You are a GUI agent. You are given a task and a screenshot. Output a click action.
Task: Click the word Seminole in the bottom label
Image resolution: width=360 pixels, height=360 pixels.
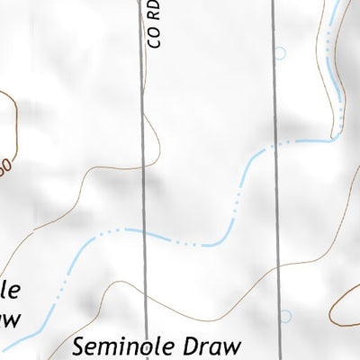[x=127, y=346]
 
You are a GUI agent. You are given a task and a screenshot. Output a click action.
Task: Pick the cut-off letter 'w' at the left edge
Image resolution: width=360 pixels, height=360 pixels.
[x=10, y=317]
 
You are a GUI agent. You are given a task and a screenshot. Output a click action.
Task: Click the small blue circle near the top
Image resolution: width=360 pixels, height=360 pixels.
[x=280, y=54]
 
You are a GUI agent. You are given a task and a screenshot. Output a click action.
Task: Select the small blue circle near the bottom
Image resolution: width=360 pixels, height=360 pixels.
[x=285, y=316]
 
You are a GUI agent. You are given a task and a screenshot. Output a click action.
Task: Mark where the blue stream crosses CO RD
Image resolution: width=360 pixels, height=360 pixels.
[x=144, y=234]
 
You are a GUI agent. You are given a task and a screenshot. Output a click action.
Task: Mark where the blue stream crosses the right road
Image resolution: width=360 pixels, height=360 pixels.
[x=274, y=147]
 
